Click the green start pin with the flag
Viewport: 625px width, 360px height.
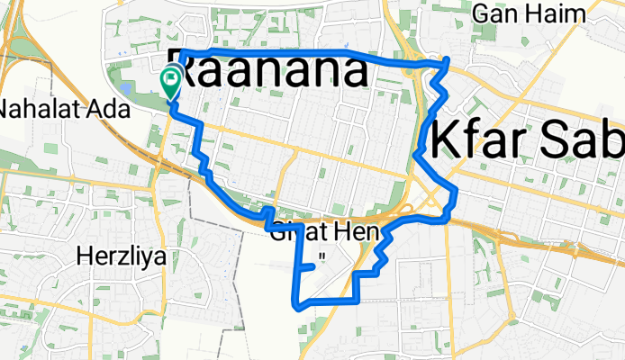tap(169, 82)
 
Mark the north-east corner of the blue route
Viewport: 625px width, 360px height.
tap(448, 59)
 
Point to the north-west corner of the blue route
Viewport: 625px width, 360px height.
tap(183, 54)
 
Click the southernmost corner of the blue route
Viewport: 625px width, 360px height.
tap(297, 307)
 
